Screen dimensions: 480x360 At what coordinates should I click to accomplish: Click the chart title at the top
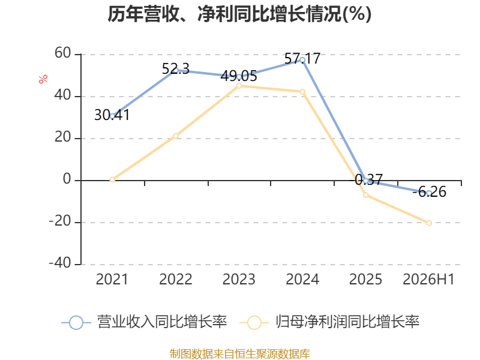pos(239,14)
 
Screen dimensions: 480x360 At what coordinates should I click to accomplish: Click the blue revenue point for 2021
pos(112,116)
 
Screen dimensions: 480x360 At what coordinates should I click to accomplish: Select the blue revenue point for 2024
pos(302,61)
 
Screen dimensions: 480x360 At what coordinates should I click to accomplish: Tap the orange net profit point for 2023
pos(239,86)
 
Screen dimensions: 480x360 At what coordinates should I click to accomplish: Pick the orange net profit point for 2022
pos(176,136)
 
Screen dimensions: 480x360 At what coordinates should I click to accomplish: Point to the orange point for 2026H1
pos(429,223)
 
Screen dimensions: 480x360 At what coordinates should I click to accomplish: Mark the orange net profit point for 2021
pos(112,179)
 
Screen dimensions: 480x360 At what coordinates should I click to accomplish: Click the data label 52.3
pos(176,68)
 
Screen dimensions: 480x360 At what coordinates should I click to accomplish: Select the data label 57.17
pos(302,58)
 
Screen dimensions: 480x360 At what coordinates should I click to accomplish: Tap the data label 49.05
pos(239,76)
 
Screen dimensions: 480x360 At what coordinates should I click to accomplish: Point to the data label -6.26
pos(429,192)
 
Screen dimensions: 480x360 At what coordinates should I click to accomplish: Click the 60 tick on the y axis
pos(63,53)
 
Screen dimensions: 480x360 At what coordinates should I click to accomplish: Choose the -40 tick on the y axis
pos(60,263)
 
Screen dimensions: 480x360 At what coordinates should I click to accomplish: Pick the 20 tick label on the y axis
pos(63,137)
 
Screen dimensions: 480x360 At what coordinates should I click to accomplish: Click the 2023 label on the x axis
pos(239,279)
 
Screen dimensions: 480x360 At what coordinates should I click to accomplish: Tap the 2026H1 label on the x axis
pos(428,279)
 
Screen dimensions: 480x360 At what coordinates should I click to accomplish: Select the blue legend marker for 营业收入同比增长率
pos(76,323)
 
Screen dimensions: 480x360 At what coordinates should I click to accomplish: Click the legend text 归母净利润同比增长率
pos(347,322)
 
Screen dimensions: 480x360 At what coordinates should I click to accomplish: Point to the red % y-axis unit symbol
pos(43,79)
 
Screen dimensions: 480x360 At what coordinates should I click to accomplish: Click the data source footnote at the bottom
pos(240,354)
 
